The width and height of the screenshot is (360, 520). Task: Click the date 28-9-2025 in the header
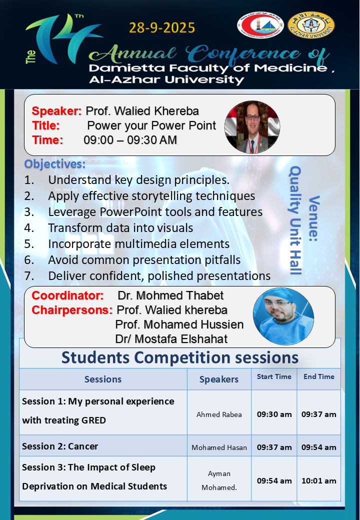click(162, 28)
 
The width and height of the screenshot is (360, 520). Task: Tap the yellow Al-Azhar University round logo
click(311, 25)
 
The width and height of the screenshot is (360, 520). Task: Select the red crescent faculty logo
click(260, 24)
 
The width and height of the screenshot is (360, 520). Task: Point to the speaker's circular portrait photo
click(252, 127)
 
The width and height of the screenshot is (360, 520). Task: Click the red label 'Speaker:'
click(56, 111)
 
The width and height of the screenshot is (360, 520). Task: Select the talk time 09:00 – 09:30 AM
click(130, 140)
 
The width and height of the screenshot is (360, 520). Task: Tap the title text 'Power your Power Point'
click(151, 125)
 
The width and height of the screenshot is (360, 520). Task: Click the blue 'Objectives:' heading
click(54, 164)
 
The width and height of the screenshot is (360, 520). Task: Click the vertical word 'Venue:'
click(313, 218)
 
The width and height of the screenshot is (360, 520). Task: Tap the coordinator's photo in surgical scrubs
click(283, 316)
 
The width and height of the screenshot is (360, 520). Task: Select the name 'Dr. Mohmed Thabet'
click(170, 295)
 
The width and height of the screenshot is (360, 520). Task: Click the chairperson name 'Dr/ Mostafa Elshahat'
click(171, 339)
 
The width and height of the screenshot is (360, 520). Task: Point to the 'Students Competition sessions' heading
click(180, 357)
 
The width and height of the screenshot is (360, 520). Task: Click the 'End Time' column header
click(319, 376)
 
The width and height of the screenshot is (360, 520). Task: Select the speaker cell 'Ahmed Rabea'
click(219, 414)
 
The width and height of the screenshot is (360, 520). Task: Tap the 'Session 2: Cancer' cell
click(60, 446)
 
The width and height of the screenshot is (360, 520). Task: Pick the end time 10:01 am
click(319, 480)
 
